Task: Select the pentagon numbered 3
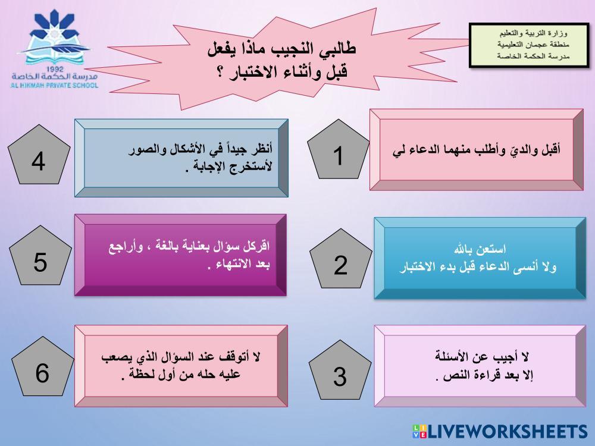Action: (340, 370)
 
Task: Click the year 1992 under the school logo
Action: (55, 69)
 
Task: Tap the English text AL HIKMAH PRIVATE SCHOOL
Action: (54, 85)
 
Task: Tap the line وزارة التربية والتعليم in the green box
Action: (533, 33)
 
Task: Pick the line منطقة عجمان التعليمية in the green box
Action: (533, 45)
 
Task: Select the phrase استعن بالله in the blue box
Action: (480, 249)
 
